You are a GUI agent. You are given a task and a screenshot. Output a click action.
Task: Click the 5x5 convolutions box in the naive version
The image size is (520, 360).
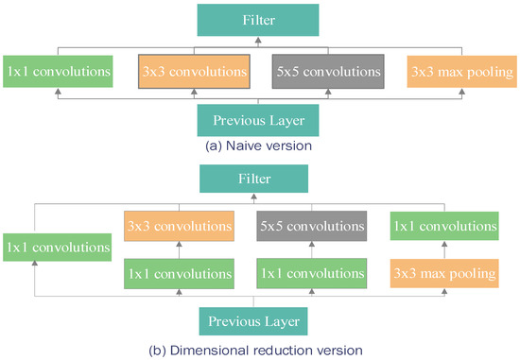[x=327, y=71]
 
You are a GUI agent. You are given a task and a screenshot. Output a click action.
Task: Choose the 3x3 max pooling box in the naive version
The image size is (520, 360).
[x=462, y=71]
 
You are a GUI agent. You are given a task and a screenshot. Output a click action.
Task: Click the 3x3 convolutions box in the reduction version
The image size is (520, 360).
[x=179, y=227]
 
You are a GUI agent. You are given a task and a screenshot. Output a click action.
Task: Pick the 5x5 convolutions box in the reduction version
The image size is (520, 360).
[x=311, y=227]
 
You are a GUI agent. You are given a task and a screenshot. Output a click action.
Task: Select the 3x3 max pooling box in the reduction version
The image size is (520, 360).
[x=443, y=275]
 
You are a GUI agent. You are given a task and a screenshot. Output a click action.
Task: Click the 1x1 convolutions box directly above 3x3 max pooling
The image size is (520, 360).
[x=443, y=227]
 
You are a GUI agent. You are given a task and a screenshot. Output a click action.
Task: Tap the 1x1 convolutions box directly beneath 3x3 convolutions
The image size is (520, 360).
[x=179, y=275]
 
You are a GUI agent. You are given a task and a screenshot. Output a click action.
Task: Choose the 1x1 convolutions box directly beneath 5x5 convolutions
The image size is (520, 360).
[x=311, y=275]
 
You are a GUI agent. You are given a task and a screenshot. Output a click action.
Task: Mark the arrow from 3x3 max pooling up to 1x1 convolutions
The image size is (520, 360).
[x=443, y=250]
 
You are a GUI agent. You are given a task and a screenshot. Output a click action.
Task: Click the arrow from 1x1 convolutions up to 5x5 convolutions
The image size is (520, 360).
[x=311, y=250]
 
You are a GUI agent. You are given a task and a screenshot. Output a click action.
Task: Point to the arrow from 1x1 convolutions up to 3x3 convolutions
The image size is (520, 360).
[x=179, y=250]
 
